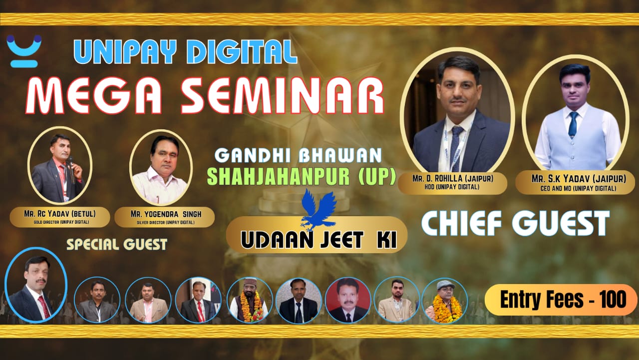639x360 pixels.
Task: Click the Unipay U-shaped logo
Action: pos(24,51)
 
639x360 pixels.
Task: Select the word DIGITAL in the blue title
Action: pos(242,51)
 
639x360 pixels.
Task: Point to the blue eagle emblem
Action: pos(319,210)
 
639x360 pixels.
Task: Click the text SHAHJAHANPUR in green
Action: pos(278,177)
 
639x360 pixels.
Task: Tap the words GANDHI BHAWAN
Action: pos(298,156)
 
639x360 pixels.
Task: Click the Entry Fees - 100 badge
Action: pos(561,300)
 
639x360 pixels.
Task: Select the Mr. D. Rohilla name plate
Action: pos(453,183)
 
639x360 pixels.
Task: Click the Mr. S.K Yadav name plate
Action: pos(575,183)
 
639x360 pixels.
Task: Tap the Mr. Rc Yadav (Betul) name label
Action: pos(60,217)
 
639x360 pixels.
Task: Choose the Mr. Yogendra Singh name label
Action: pos(165,217)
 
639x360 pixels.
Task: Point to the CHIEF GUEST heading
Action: pos(516,223)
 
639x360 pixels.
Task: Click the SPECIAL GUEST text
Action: pos(117,245)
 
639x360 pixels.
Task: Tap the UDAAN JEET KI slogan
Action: pos(319,240)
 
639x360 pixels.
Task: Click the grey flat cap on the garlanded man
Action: pos(446,285)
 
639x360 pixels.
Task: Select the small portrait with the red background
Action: pos(348,301)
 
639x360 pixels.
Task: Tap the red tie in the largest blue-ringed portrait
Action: pos(44,306)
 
